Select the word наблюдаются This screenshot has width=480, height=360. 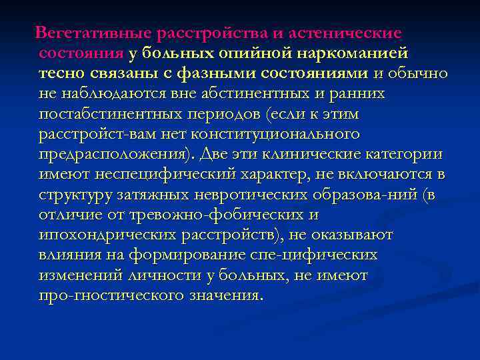(107, 94)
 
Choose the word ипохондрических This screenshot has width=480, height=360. (107, 235)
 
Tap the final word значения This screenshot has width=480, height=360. (221, 295)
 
